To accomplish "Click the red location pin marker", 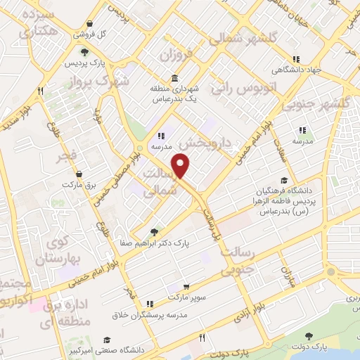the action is tap(182, 166).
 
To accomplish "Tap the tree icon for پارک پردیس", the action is tap(85, 52).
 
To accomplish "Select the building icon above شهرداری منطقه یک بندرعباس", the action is tap(174, 78).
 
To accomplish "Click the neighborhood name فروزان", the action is tap(176, 54).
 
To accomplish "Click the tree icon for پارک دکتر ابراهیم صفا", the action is tap(155, 232).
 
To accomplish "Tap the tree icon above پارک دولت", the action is tap(308, 336).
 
